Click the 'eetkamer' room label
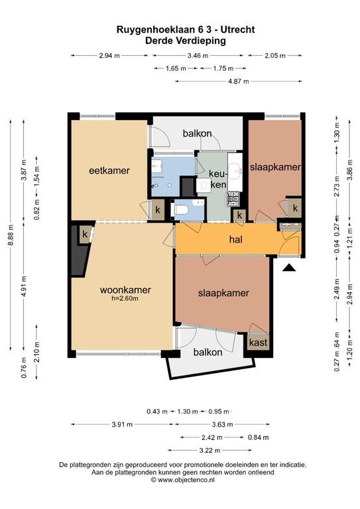109,170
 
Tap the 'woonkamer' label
125,290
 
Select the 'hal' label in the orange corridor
235,239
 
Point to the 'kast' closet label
259,342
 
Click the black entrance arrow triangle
289,268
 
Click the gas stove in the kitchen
233,199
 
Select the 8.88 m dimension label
11,235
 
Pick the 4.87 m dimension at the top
238,81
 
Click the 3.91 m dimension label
122,424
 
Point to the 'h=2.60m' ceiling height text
125,299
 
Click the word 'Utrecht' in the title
237,30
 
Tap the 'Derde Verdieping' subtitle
186,41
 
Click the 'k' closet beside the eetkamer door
158,209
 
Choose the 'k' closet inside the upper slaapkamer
295,207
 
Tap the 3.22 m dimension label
210,450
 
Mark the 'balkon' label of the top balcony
197,133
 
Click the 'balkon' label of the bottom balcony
208,352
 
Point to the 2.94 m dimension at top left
109,56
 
